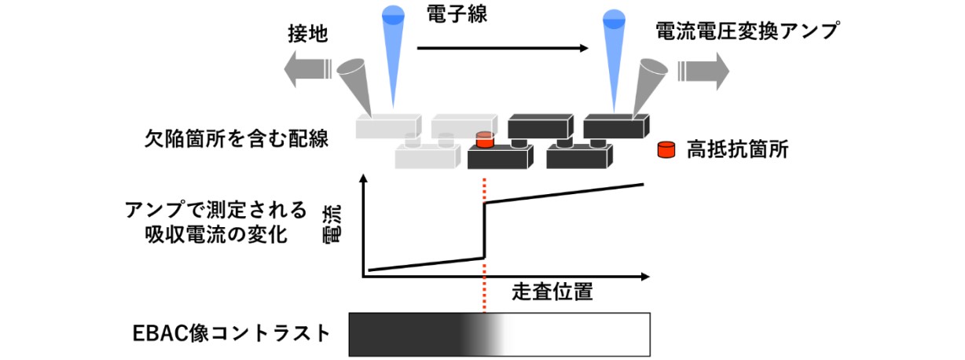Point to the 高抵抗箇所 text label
[736, 150]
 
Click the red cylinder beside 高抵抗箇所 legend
[667, 149]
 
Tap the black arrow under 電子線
[502, 49]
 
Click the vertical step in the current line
[484, 230]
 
